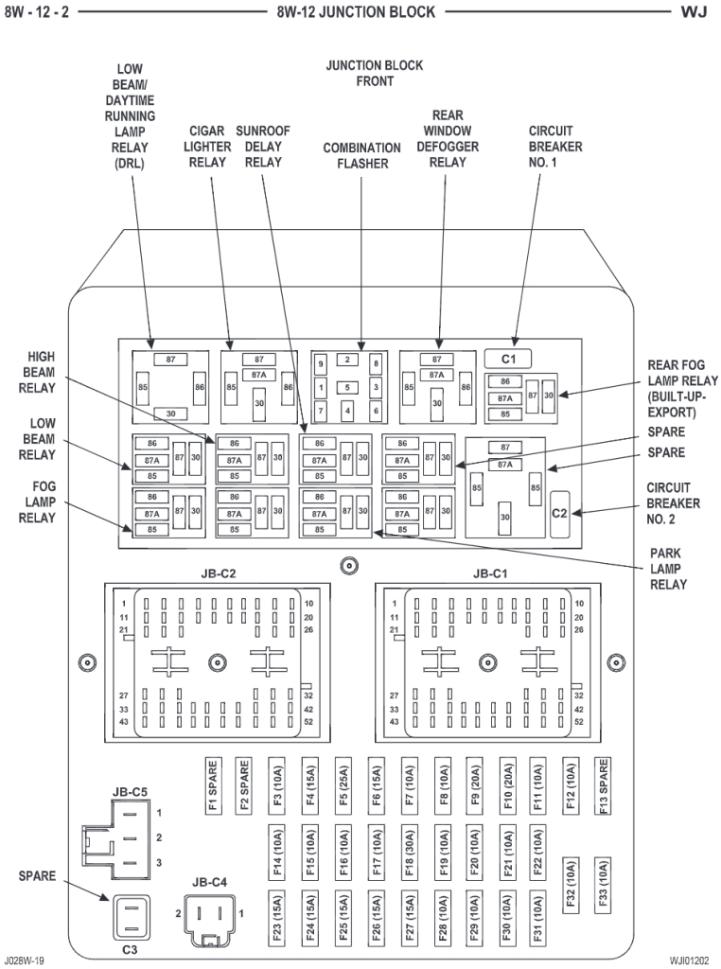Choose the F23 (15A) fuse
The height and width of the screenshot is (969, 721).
click(276, 916)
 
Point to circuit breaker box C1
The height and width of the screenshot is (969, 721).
click(508, 359)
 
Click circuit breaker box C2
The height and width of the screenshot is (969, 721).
click(559, 514)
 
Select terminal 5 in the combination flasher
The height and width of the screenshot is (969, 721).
click(348, 387)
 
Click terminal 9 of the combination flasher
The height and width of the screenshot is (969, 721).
click(321, 363)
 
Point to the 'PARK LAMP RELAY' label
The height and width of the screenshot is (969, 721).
click(668, 569)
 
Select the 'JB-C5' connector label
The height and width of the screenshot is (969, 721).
click(130, 792)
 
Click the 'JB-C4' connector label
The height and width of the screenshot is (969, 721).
click(209, 882)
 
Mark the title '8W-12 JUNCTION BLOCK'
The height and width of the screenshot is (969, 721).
click(356, 12)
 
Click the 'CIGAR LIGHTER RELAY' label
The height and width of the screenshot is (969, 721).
click(207, 147)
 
